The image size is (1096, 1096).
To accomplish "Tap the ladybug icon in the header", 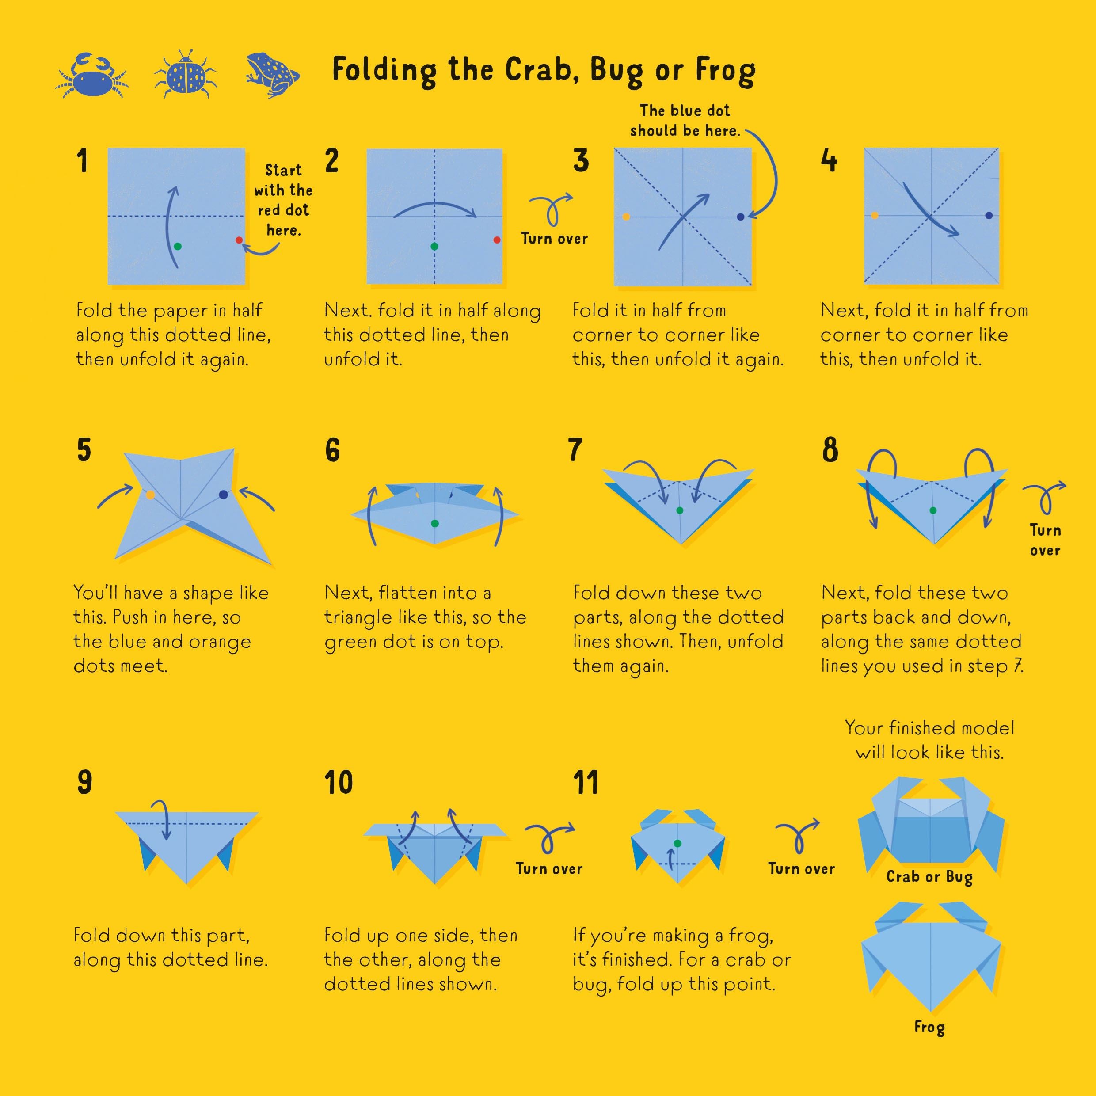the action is pos(186,74).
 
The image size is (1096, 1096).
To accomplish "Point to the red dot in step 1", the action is pos(239,240).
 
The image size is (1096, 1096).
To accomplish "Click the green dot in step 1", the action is pos(178,246).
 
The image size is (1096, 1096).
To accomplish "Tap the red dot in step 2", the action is pos(497,240).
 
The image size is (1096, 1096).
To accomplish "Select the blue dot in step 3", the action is pos(740,217).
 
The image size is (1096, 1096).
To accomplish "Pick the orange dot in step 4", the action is pos(874,216).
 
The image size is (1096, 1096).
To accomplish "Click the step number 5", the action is pos(84,450).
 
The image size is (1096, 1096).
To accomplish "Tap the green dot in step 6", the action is pos(434,524).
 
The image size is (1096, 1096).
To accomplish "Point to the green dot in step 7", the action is pos(680,510).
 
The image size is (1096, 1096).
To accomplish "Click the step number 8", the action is pos(830,450).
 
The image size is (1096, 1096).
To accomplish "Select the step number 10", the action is pos(339,782).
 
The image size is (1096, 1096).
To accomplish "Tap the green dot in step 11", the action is pos(677,844).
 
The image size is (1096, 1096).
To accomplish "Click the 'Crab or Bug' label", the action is pos(930,877).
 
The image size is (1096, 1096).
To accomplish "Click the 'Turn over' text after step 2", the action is pos(554,239).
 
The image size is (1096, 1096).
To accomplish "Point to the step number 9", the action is pos(84,782).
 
